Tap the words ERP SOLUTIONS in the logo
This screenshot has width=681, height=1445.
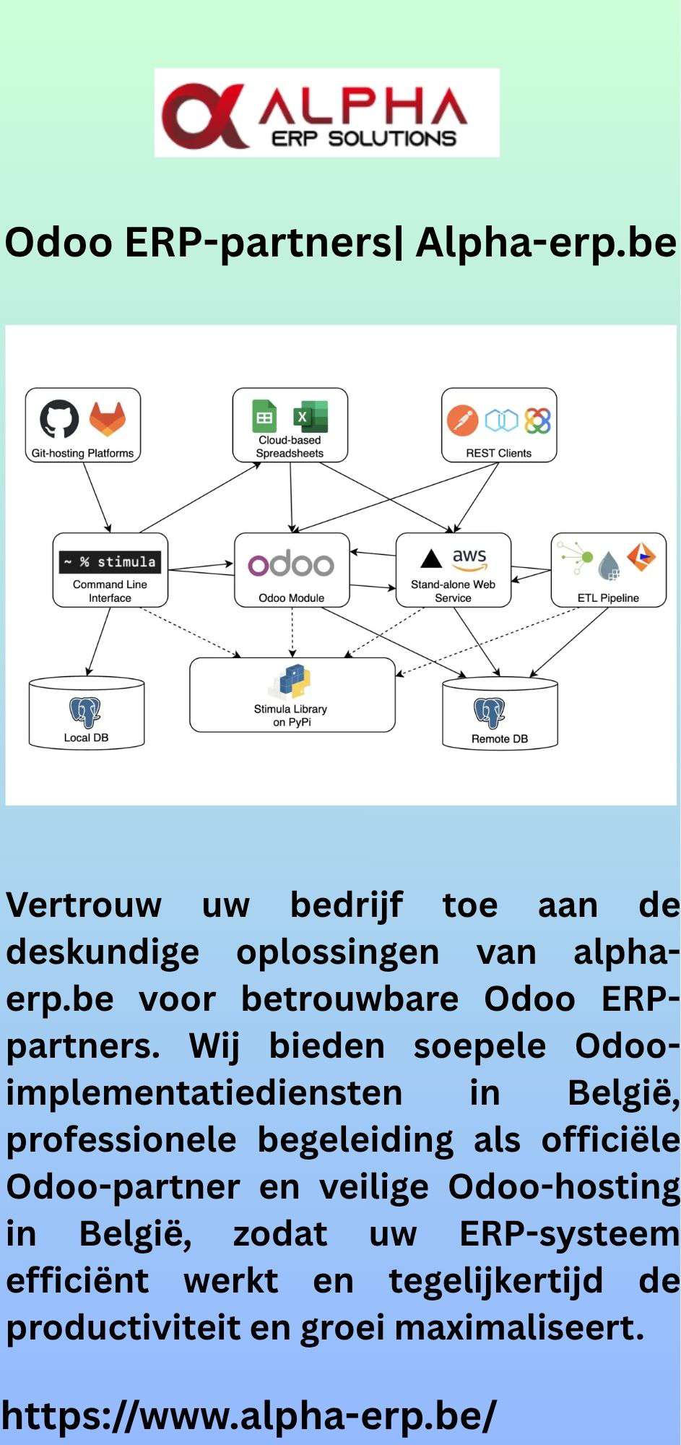pyautogui.click(x=363, y=139)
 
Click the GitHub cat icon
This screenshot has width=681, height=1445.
pyautogui.click(x=59, y=419)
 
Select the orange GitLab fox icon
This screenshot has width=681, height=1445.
pyautogui.click(x=107, y=419)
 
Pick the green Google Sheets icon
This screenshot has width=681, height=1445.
pyautogui.click(x=264, y=417)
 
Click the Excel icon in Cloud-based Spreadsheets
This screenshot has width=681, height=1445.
pyautogui.click(x=311, y=417)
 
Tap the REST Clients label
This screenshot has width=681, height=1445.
pyautogui.click(x=498, y=454)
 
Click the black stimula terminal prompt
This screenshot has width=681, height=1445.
pyautogui.click(x=110, y=561)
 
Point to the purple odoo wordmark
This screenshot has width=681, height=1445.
pyautogui.click(x=291, y=564)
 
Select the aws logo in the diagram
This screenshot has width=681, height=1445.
pyautogui.click(x=469, y=558)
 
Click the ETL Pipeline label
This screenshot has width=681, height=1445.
pyautogui.click(x=608, y=598)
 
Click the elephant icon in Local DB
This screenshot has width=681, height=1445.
pyautogui.click(x=85, y=712)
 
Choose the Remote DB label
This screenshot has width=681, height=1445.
pyautogui.click(x=500, y=739)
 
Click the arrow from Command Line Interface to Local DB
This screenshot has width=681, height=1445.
pyautogui.click(x=99, y=641)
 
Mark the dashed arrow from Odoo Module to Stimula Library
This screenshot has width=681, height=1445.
pyautogui.click(x=292, y=632)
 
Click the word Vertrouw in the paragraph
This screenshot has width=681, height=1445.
pyautogui.click(x=84, y=905)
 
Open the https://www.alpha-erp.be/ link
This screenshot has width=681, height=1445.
pyautogui.click(x=249, y=1415)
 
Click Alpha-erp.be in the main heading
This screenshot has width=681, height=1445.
pyautogui.click(x=546, y=243)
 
